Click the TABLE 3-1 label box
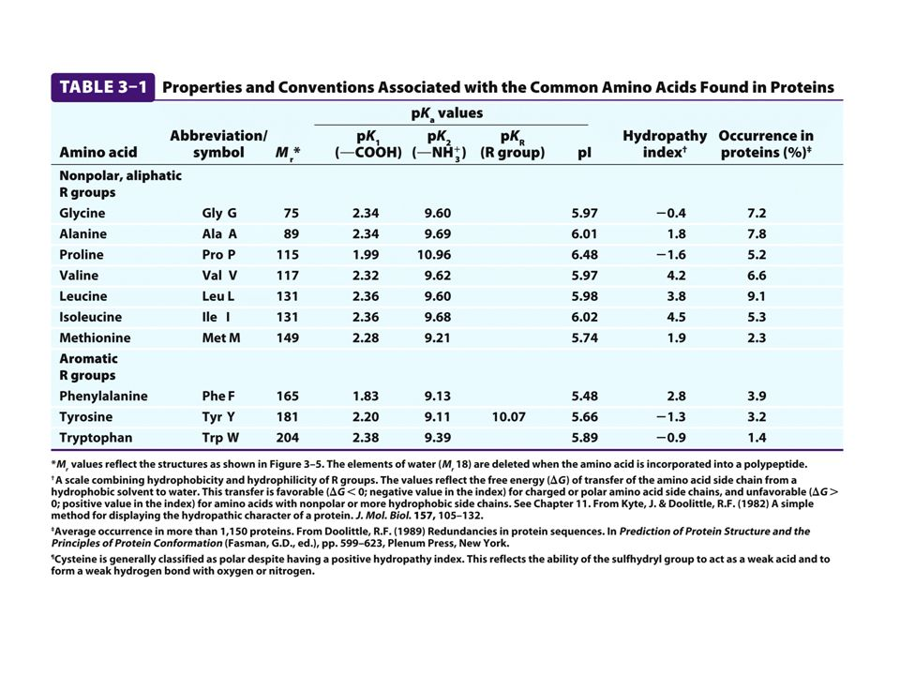click(x=103, y=87)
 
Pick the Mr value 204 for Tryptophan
click(x=285, y=438)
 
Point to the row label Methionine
click(x=95, y=337)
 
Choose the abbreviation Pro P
click(x=218, y=255)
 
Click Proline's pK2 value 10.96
click(x=432, y=255)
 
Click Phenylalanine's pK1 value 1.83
click(x=365, y=397)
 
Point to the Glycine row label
click(x=82, y=214)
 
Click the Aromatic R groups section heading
click(x=88, y=367)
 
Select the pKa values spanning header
click(x=447, y=113)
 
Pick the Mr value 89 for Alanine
click(x=289, y=234)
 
